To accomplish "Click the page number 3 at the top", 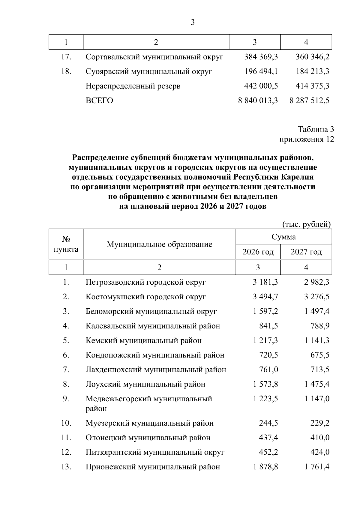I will coord(193,22).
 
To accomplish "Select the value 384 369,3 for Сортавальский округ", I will coord(261,57).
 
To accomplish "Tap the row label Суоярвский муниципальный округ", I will coord(149,71).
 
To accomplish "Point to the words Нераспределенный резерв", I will coord(133,86).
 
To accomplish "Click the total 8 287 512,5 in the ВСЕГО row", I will coord(309,100).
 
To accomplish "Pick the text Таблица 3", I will coord(316,129).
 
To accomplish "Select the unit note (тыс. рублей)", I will coord(307,224).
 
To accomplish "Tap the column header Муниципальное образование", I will coord(159,244).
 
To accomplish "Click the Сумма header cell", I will coord(283,237).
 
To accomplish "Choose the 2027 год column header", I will coord(306,252).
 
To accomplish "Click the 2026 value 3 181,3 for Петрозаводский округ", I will coord(265,282).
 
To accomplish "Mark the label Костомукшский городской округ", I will coord(146,297).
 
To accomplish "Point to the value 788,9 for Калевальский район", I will coord(320,326).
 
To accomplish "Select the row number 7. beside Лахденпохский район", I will coord(66,370).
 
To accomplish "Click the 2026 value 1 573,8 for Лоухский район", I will coord(265,384).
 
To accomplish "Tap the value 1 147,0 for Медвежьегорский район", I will coord(317,399).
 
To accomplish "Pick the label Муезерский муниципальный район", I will coord(150,423).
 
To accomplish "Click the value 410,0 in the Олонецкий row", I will coord(320,438).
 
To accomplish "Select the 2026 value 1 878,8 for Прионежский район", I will coord(265,467).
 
